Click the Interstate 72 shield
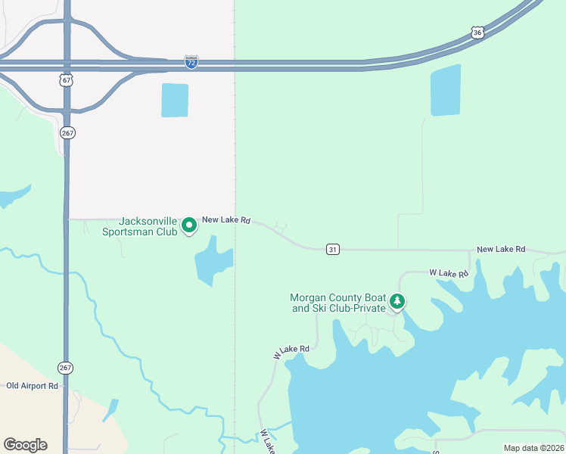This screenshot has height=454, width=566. coord(191,62)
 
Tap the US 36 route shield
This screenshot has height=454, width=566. coord(476,32)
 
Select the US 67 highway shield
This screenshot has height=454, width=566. coord(67,79)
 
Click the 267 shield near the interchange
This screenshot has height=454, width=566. coord(67,132)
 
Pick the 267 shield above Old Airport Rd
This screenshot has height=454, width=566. coord(66,368)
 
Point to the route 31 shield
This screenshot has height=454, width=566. coord(332,249)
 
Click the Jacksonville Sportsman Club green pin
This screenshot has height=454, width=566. coord(189,225)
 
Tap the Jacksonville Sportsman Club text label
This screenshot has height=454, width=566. coord(139,226)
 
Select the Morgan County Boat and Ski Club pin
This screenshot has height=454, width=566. coord(397,303)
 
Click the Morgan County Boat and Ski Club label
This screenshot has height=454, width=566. coord(338,303)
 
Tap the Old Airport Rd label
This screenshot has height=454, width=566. coord(32,386)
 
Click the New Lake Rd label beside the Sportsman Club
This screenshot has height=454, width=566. coord(225,219)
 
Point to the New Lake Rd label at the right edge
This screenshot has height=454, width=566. coord(501,250)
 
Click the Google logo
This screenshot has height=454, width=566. coord(25,445)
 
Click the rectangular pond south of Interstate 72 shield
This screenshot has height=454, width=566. coord(175,100)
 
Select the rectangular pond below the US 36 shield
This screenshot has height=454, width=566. coord(446,91)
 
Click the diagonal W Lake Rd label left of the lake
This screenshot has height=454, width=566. coord(291,352)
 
